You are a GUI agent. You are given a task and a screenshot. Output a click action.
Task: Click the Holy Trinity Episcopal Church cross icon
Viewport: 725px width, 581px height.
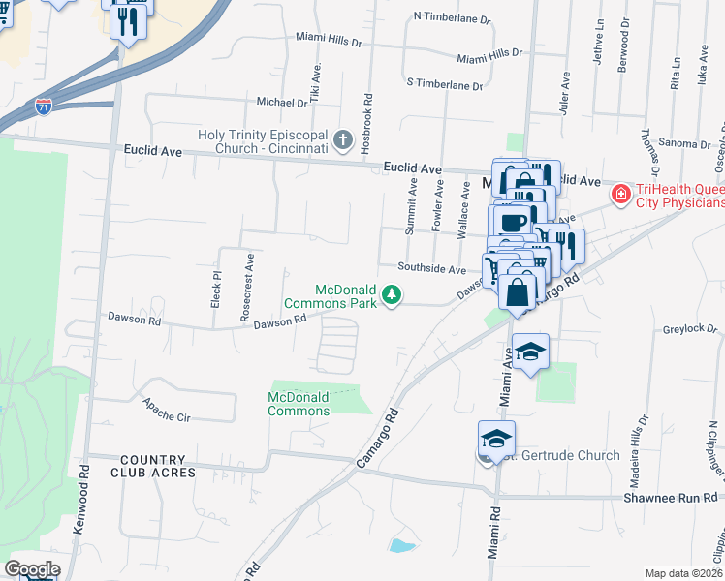click(341, 141)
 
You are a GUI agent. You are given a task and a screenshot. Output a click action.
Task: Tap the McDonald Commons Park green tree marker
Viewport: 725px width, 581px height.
click(392, 293)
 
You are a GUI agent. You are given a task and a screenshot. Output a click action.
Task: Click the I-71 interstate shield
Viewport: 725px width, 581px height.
click(43, 106)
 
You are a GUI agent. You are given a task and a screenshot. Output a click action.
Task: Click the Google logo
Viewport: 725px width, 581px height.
click(32, 569)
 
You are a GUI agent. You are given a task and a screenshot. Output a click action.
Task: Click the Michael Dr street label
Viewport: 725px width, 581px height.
click(281, 102)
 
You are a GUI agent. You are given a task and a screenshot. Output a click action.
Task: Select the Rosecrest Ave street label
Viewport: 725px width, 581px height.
click(247, 289)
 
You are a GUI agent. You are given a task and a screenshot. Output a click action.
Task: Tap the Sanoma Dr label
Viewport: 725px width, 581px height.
click(684, 143)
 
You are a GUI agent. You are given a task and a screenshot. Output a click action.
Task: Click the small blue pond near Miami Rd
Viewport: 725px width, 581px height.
click(400, 545)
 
